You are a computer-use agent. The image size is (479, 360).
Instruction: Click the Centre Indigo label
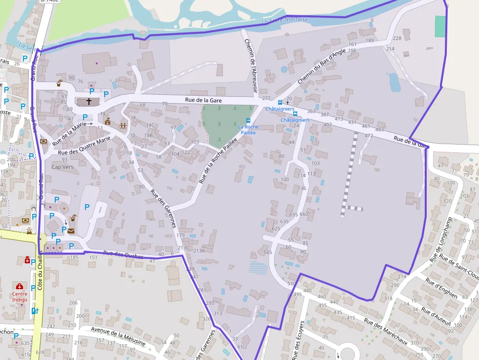[x=20, y=297]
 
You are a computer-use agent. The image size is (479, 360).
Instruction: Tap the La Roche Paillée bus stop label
[x=248, y=129]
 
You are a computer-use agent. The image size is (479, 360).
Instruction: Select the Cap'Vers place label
[x=62, y=167]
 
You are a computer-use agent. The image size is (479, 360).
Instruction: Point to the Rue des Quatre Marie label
[x=84, y=146]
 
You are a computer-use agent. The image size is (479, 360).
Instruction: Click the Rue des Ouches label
[x=124, y=254]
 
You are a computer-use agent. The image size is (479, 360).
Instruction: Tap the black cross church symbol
[x=89, y=102]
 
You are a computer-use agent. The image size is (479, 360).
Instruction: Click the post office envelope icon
[x=71, y=231]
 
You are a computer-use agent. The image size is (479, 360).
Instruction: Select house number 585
[x=267, y=253]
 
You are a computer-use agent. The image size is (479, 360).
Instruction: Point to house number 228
[x=397, y=38]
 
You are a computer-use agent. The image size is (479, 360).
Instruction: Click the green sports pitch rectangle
[x=440, y=26]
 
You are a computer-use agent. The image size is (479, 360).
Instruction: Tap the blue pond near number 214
[x=394, y=82]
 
